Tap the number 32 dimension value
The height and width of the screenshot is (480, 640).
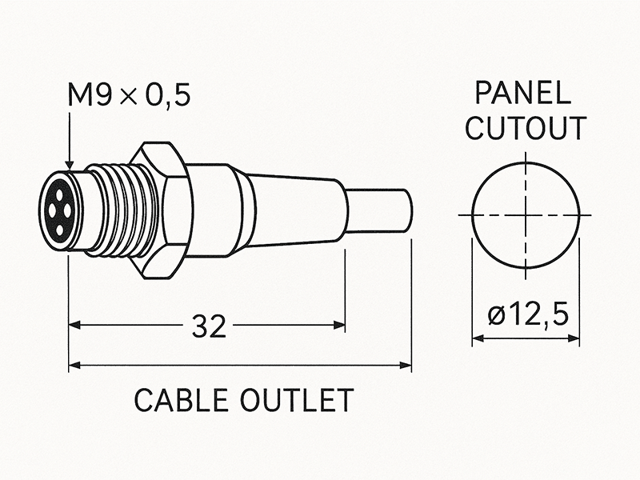pos(209,326)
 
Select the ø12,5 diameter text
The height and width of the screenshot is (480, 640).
pos(527,314)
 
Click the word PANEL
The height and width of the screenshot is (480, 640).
pos(524,94)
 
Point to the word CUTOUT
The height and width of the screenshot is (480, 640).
pos(526,128)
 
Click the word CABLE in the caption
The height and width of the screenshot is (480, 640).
pos(182,400)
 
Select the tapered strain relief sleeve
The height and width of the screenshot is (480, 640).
pos(296,210)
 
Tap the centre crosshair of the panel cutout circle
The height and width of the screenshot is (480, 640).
pos(525,215)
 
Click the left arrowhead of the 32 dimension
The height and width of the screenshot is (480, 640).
pos(74,326)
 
